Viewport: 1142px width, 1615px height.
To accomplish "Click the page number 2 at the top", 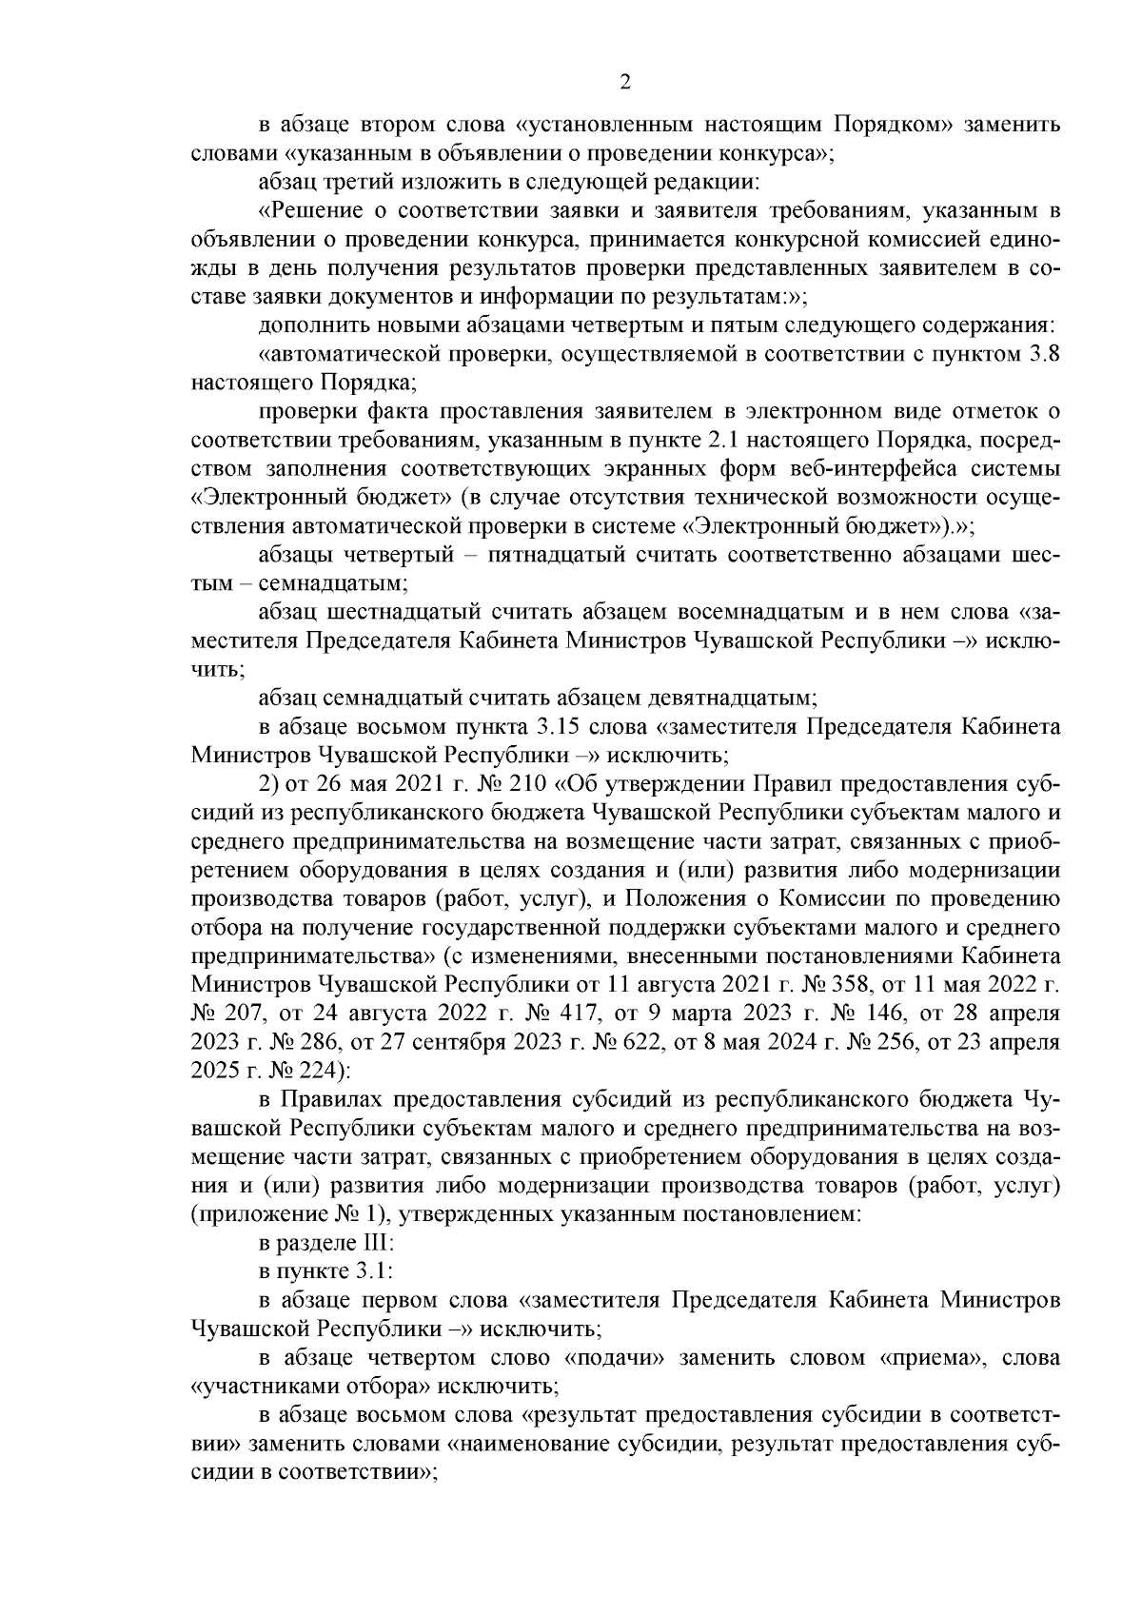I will point(625,83).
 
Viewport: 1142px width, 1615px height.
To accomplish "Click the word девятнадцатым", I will point(729,699).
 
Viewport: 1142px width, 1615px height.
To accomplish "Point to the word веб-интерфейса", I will point(877,471).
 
